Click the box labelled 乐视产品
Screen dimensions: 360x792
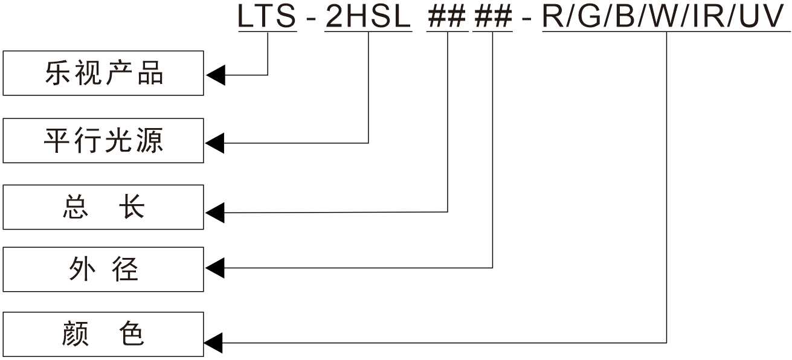point(103,73)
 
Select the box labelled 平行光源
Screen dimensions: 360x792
point(103,141)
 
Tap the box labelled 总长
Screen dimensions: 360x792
point(103,207)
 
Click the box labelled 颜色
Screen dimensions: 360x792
point(103,334)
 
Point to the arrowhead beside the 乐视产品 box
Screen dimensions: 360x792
point(216,76)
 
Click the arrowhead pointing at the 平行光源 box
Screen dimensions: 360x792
point(216,143)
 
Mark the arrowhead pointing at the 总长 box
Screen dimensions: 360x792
point(216,212)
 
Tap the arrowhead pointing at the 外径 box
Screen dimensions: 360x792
point(216,267)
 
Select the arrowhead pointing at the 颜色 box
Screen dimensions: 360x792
point(216,343)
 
